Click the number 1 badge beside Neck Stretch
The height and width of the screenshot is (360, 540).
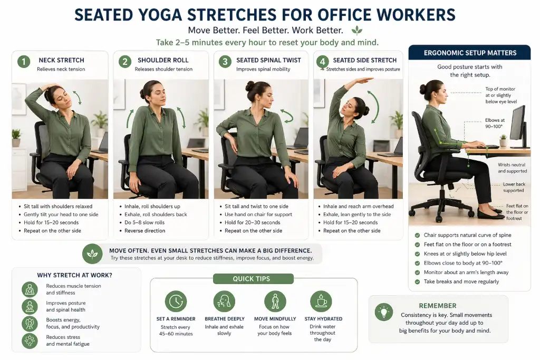click(24, 62)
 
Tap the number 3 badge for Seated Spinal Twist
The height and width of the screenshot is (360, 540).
click(225, 62)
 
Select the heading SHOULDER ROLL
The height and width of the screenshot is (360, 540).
click(163, 60)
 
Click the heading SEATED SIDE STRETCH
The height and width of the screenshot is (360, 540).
click(364, 60)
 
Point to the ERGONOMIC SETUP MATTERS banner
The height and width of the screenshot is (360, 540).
click(470, 53)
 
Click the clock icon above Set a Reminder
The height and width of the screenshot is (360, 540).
click(176, 301)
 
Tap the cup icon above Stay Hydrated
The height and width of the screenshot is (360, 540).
click(321, 301)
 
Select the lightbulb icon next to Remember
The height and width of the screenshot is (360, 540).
click(384, 312)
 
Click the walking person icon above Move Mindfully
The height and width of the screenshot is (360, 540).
click(275, 301)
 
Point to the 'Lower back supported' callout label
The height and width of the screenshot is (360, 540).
click(513, 188)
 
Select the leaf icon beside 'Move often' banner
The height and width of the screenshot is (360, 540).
click(93, 254)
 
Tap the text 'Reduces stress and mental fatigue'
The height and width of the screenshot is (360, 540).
click(67, 340)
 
